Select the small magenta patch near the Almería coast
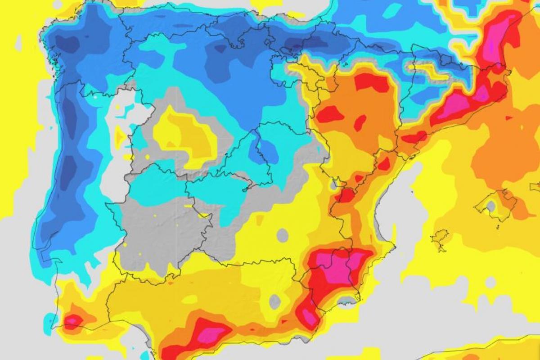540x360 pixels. click(x=310, y=317)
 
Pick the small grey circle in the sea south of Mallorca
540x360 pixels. click(x=490, y=282)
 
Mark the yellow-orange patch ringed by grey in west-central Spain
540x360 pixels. click(x=184, y=135)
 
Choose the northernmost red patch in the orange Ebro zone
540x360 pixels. click(x=372, y=83)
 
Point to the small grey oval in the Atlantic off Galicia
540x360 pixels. click(x=18, y=42)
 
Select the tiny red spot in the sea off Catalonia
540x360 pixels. click(x=508, y=118)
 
